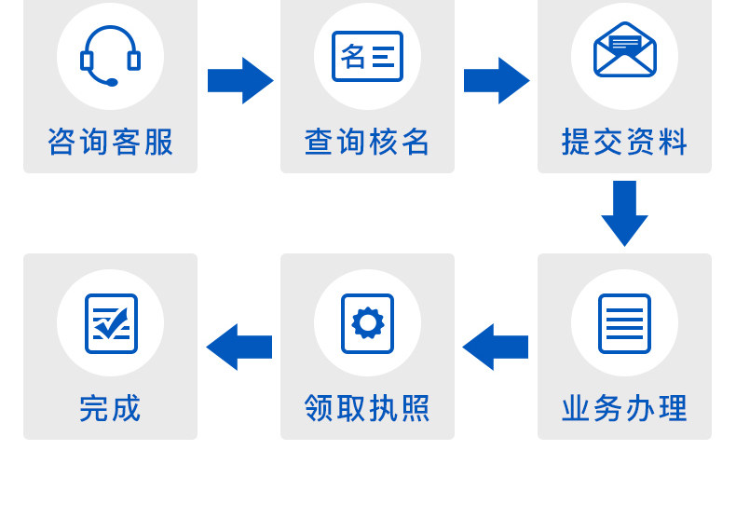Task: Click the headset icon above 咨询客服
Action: (x=110, y=56)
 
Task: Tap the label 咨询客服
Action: (x=110, y=142)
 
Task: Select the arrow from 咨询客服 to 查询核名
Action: (x=239, y=80)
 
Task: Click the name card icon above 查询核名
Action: (x=367, y=56)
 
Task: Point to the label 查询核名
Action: (x=367, y=142)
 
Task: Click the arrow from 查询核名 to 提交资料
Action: (x=496, y=80)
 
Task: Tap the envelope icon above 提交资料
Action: (x=624, y=51)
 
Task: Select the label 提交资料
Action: (x=624, y=142)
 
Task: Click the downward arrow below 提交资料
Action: (x=624, y=212)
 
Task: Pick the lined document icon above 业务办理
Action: (x=624, y=323)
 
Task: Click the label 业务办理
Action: (x=624, y=408)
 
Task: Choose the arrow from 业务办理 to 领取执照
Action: (x=496, y=347)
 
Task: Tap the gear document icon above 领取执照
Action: (x=367, y=323)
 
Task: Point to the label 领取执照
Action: (x=367, y=408)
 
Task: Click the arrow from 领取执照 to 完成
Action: (x=239, y=347)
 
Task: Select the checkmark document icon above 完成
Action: (x=111, y=323)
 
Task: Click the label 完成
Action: (x=110, y=408)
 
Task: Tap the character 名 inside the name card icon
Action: (x=354, y=56)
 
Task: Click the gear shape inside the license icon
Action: (x=367, y=322)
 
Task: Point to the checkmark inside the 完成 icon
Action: (x=113, y=322)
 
